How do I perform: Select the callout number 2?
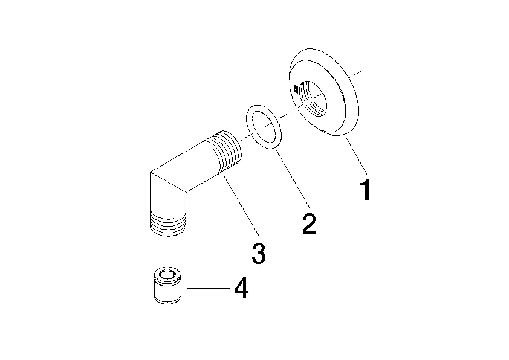(x=309, y=223)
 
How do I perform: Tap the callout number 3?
(x=258, y=253)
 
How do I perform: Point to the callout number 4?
(x=241, y=288)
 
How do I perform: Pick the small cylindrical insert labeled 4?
(x=167, y=286)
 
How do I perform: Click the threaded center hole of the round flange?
(x=313, y=98)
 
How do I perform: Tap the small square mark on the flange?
(x=296, y=88)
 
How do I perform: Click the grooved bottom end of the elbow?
(x=168, y=223)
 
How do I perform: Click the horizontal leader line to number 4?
(x=209, y=288)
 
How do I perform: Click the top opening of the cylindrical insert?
(x=167, y=274)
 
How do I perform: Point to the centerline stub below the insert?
(x=167, y=311)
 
